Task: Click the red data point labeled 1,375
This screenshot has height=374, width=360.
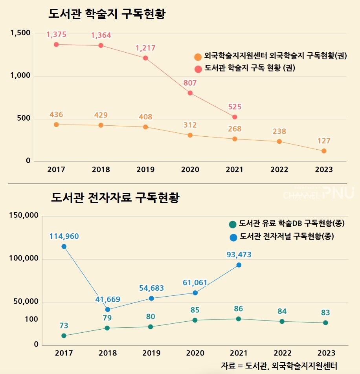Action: [x=56, y=44]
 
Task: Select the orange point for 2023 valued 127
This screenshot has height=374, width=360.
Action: [x=324, y=151]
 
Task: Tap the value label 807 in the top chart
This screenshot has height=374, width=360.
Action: [x=190, y=83]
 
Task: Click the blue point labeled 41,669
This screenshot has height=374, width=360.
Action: [x=108, y=310]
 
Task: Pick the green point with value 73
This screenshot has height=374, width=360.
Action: [x=64, y=335]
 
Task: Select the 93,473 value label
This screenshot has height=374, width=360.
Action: [x=239, y=255]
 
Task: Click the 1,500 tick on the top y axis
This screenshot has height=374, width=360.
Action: [x=20, y=33]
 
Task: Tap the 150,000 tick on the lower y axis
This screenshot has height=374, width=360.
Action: [x=23, y=216]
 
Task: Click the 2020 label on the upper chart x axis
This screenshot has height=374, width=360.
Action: [x=190, y=170]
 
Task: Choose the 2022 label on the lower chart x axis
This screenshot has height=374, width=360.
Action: [x=283, y=353]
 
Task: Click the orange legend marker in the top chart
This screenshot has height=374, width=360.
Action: [x=198, y=57]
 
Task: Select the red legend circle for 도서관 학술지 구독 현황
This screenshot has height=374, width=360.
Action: [x=198, y=68]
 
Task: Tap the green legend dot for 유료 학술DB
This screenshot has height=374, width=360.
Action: [x=233, y=224]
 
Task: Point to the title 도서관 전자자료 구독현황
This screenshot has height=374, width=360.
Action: [x=115, y=197]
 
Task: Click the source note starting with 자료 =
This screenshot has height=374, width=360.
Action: [x=279, y=365]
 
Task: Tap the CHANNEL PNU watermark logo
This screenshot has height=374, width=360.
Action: [x=318, y=193]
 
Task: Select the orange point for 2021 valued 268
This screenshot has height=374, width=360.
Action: [x=235, y=139]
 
